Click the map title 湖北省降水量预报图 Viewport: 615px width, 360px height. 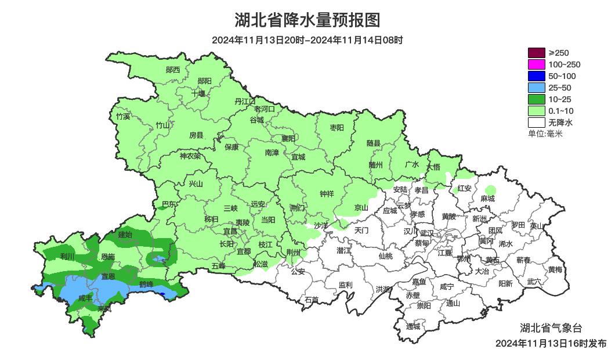(x=307, y=21)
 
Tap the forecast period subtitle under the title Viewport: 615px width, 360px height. (x=307, y=40)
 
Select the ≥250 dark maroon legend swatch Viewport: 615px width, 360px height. (x=536, y=53)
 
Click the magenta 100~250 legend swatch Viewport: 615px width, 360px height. (x=536, y=64)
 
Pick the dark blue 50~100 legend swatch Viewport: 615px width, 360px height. (x=536, y=76)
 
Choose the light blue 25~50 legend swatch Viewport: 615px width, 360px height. (x=536, y=88)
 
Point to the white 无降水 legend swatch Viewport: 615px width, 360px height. (x=536, y=123)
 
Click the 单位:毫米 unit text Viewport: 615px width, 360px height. (x=545, y=134)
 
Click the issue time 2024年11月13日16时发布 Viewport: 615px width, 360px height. (x=551, y=343)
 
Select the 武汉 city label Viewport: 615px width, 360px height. (x=426, y=232)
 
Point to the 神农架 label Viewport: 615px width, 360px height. (x=190, y=156)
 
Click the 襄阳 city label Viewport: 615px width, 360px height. (x=288, y=138)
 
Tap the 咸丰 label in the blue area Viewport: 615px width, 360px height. (x=86, y=298)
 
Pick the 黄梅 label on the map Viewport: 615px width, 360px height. (x=555, y=269)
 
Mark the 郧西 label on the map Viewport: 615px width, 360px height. (x=173, y=70)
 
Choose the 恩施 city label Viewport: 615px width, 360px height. (x=108, y=256)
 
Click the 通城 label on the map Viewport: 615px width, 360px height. (x=413, y=326)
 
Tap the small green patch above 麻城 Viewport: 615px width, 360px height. (x=491, y=189)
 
